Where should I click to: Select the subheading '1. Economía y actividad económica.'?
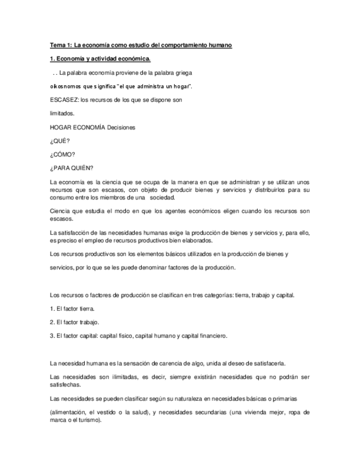(99, 58)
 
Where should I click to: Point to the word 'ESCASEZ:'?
(63, 100)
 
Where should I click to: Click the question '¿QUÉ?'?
(59, 141)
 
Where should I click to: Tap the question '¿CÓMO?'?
(62, 154)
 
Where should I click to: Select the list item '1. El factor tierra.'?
(72, 309)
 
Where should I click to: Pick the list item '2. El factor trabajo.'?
(74, 323)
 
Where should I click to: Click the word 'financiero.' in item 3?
(208, 336)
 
